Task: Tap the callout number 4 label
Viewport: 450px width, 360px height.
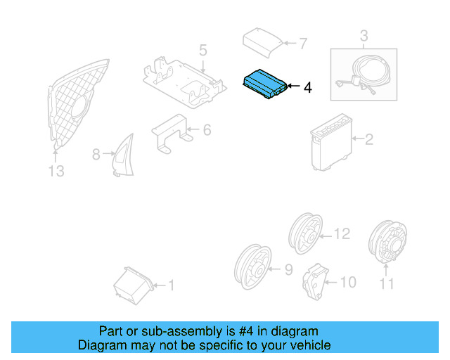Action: (307, 88)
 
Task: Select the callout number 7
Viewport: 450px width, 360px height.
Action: (303, 44)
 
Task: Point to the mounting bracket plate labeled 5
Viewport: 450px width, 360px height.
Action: (184, 82)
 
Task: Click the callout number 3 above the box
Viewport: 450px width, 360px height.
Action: (364, 35)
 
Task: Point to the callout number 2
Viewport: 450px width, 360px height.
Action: (368, 140)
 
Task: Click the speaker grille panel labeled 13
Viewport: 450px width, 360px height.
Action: (77, 105)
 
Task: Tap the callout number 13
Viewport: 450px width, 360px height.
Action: (56, 171)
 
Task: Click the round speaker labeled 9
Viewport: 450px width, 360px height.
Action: (252, 267)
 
